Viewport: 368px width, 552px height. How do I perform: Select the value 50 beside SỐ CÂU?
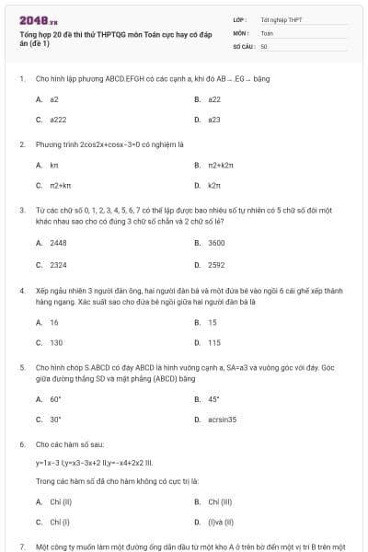point(264,45)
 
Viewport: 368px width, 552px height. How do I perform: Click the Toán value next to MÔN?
point(267,32)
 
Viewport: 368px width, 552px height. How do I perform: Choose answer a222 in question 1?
point(59,120)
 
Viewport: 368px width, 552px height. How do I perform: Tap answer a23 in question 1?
point(213,120)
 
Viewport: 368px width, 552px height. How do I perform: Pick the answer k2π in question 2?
point(214,186)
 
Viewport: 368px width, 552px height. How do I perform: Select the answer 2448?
point(58,242)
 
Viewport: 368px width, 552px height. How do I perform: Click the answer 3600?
point(216,242)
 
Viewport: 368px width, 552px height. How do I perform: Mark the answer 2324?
point(58,264)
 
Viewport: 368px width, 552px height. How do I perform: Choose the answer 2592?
point(216,264)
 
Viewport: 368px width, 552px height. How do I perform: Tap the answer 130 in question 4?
point(55,342)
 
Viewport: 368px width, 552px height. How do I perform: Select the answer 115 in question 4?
point(213,342)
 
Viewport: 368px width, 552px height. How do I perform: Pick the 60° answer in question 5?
point(55,398)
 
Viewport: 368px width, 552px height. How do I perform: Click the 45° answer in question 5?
point(213,398)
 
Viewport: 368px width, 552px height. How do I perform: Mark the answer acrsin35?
point(222,420)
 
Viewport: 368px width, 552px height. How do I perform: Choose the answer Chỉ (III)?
point(219,501)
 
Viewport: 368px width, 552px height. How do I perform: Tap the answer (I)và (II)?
point(222,523)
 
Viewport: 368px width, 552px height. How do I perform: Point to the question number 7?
point(21,546)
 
